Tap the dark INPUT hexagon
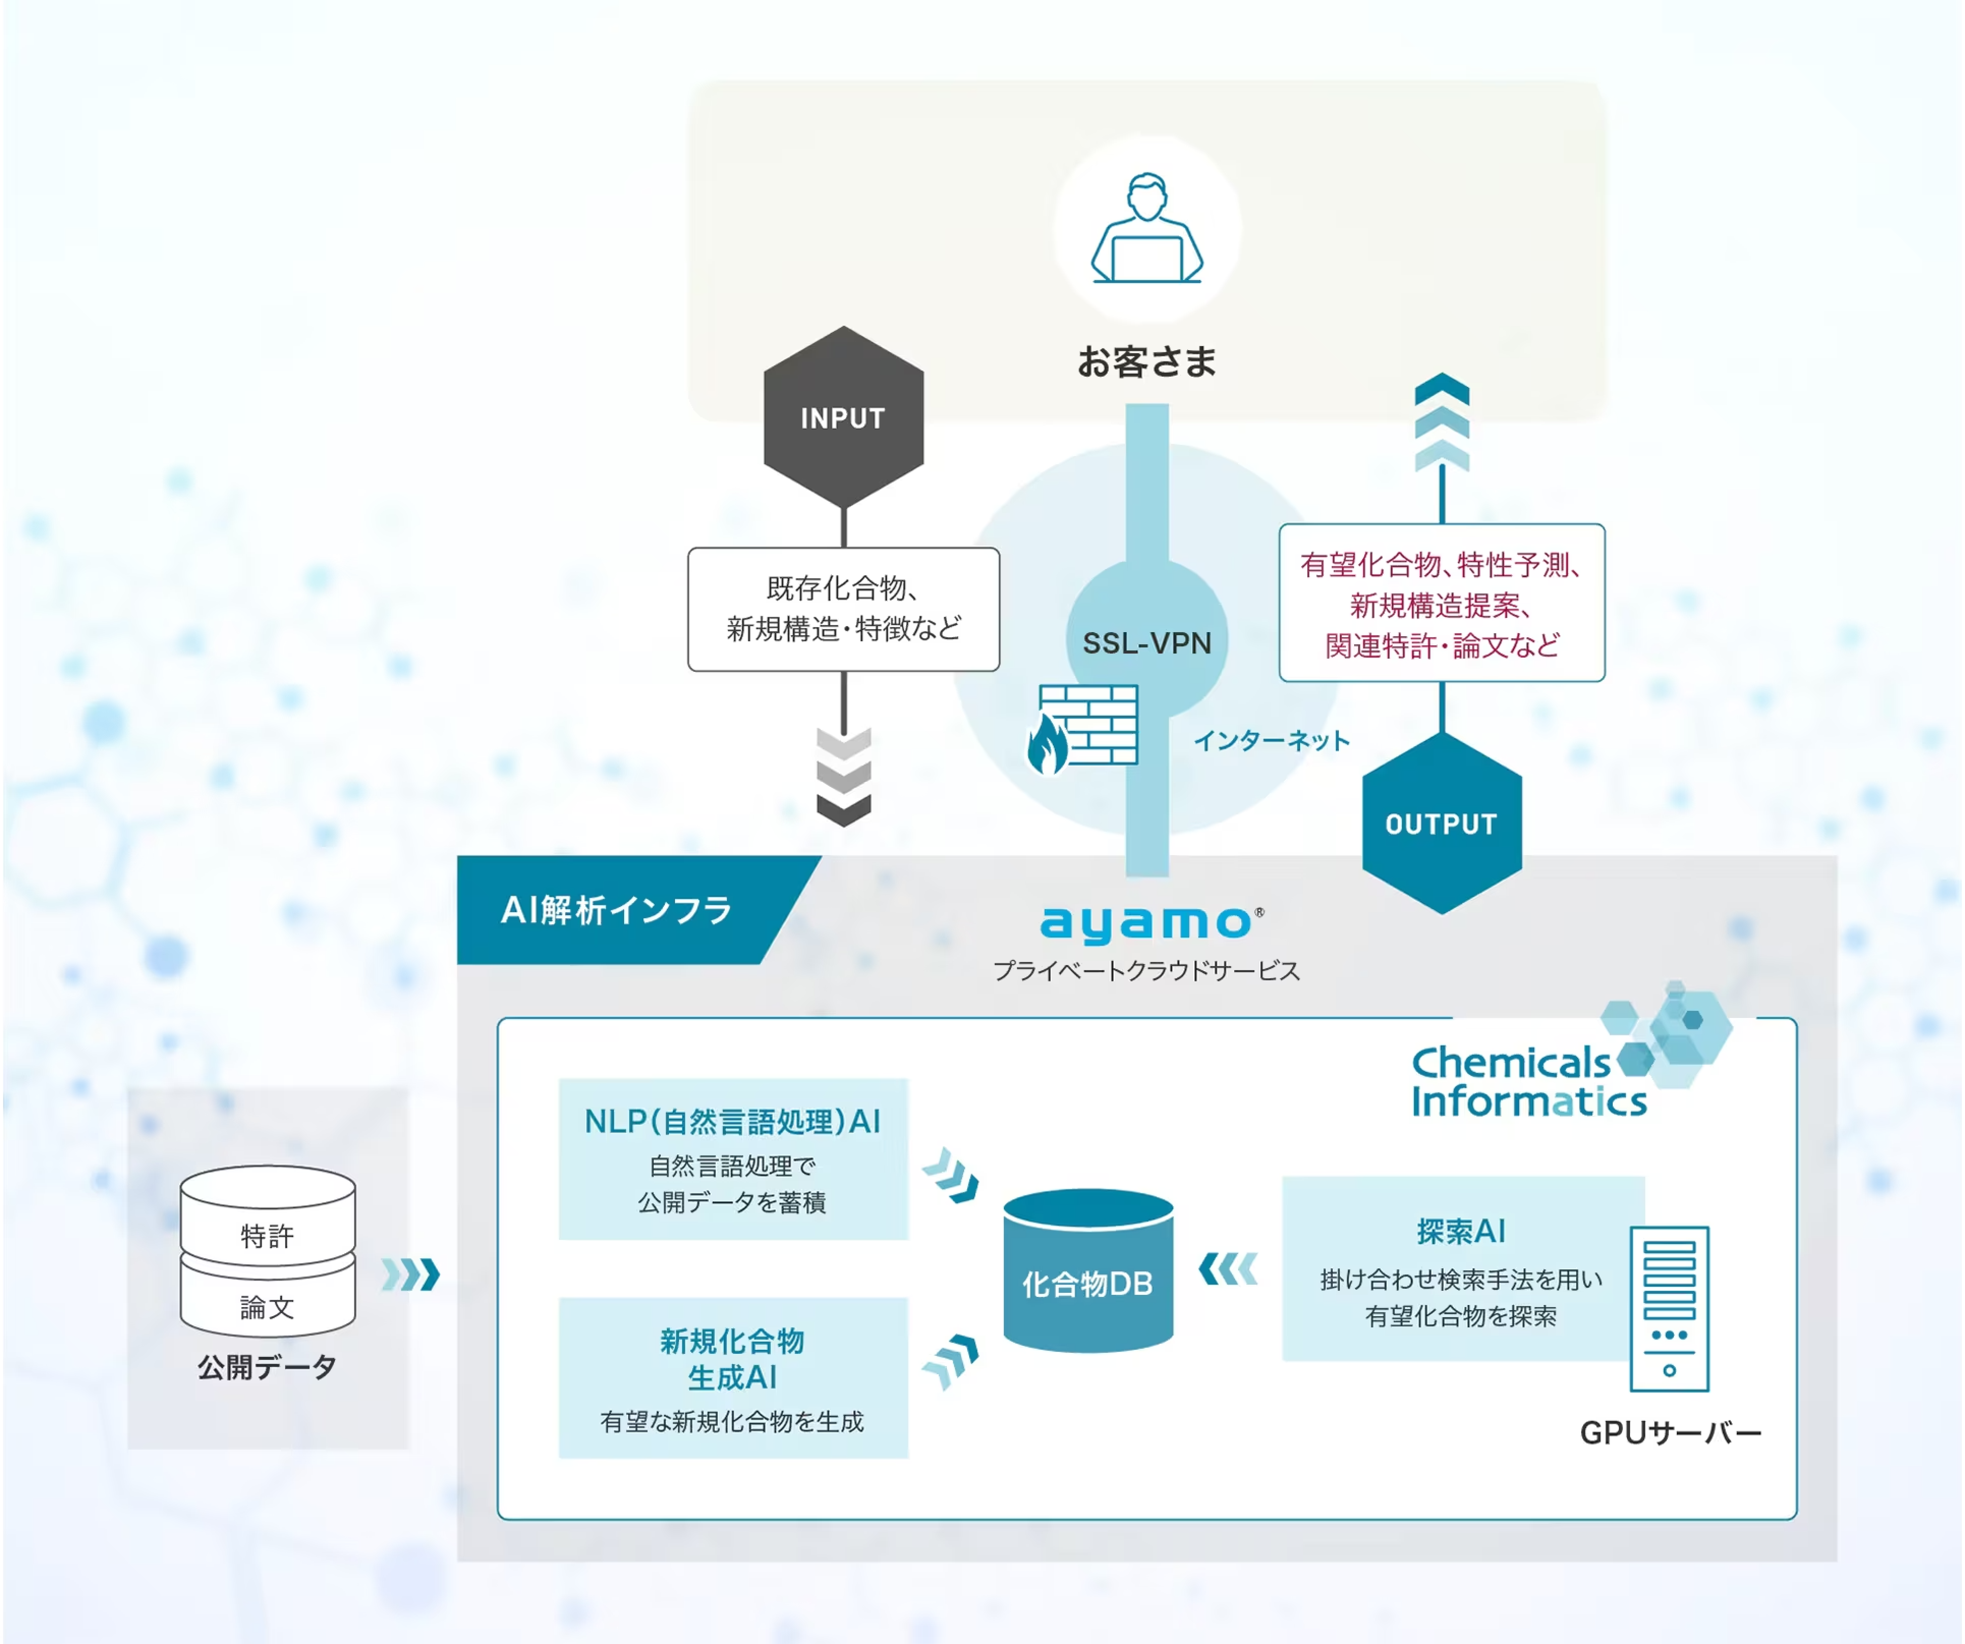843,417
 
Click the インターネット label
1271,741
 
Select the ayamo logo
1146,923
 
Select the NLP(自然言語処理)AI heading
732,1121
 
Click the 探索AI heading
1461,1231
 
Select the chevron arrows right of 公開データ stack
411,1274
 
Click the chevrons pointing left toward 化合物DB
1228,1269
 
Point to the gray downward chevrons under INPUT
843,777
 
